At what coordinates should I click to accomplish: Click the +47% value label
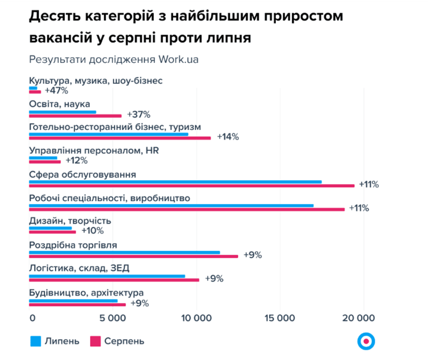tap(56, 91)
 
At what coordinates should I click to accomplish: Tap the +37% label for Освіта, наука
tap(138, 114)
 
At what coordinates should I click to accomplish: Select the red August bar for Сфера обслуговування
tap(191, 185)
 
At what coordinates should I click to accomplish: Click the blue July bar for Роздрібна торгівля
tap(124, 252)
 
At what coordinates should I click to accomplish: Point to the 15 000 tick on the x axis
tap(281, 318)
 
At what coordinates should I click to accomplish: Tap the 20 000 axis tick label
tap(364, 318)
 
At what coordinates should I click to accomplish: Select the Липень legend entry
tap(55, 341)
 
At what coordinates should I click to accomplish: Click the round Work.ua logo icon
tap(366, 341)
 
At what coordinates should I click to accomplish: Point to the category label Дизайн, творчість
tap(70, 221)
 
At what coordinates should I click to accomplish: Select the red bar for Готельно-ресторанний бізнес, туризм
tap(120, 138)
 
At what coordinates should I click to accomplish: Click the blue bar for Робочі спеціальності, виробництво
tap(171, 205)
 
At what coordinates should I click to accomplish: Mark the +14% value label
tap(227, 137)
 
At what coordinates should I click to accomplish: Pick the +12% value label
tap(76, 161)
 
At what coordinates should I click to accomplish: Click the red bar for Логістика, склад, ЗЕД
tap(114, 280)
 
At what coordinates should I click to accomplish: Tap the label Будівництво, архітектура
tap(86, 292)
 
